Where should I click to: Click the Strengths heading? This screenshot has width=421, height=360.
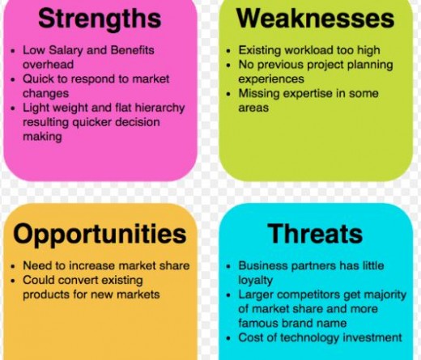pos(100,19)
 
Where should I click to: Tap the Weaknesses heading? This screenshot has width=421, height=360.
pos(316,19)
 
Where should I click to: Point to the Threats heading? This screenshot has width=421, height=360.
pos(315,234)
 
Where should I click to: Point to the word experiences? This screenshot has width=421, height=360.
pos(271,79)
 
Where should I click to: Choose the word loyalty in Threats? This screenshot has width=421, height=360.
pos(255,281)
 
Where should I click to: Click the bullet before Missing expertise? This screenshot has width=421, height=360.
pos(229,95)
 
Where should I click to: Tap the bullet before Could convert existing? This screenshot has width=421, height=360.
pos(13,281)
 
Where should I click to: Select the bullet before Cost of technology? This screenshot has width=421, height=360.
pos(229,338)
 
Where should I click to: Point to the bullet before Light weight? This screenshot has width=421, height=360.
pos(13,108)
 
